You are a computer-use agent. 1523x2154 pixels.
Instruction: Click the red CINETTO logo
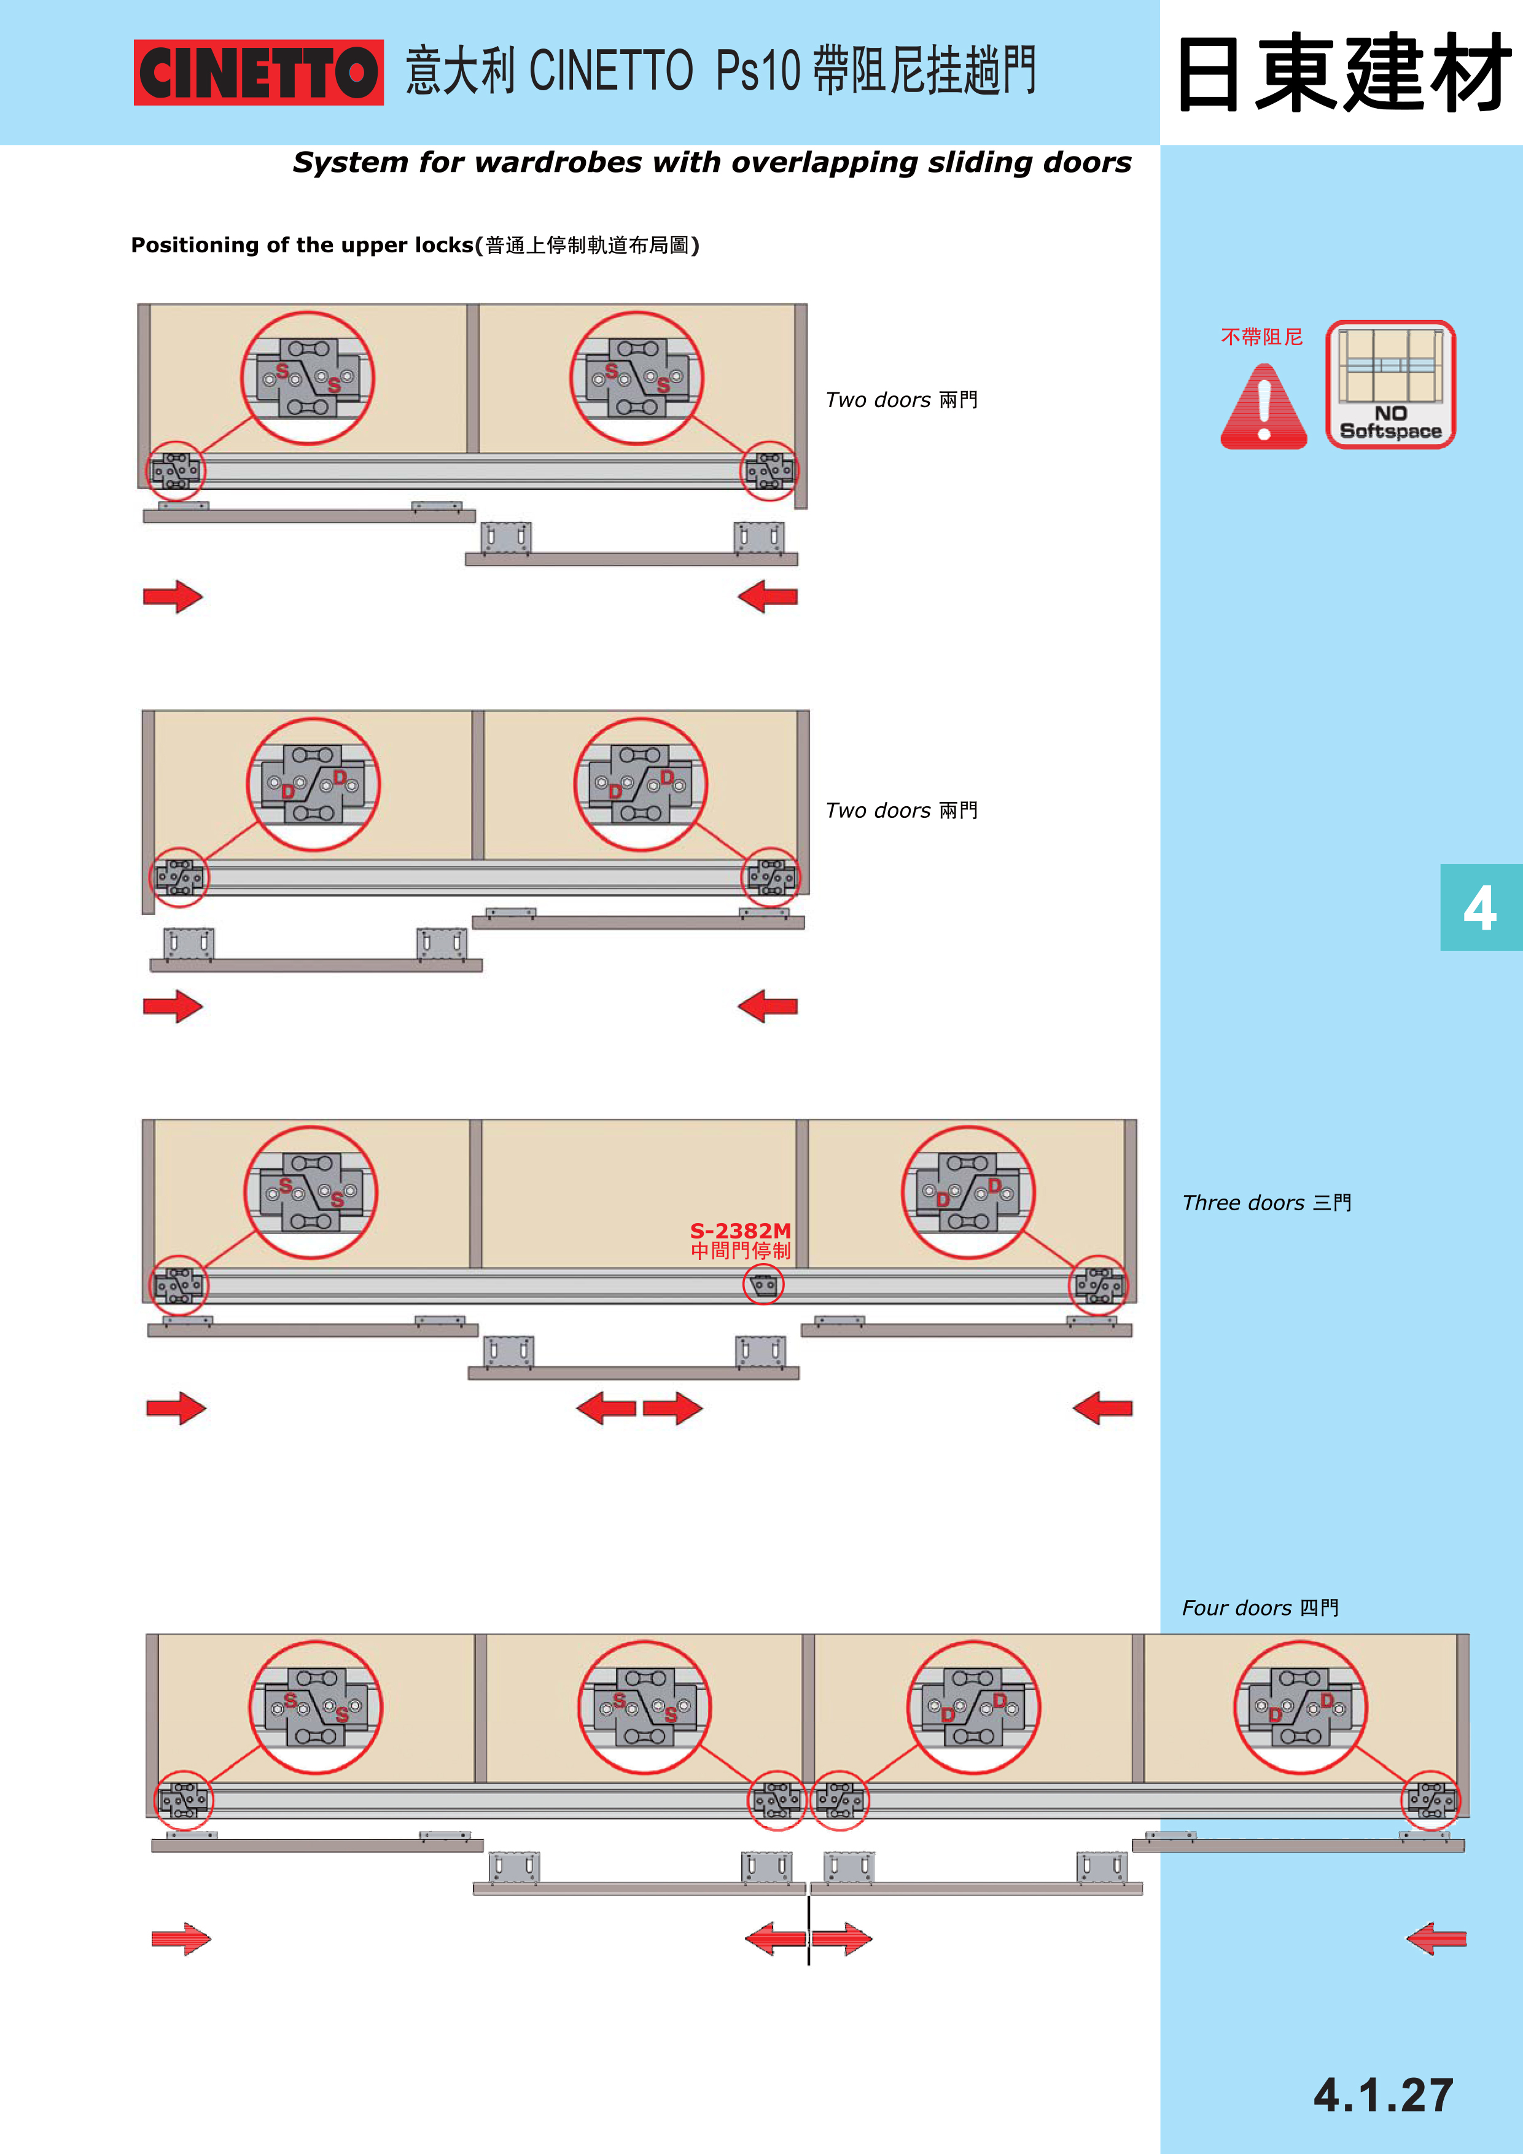[x=258, y=72]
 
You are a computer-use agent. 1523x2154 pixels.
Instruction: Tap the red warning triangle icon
[x=1263, y=406]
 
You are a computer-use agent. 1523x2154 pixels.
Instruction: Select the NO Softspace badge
[x=1391, y=384]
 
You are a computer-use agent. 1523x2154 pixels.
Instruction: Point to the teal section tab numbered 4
[x=1481, y=907]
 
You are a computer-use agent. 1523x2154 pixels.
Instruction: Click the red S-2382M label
[x=741, y=1230]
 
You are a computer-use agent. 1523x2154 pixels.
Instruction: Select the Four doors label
[x=1260, y=1608]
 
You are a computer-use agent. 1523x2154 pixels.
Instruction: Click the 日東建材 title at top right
[x=1343, y=72]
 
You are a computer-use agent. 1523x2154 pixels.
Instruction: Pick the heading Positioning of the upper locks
[x=302, y=245]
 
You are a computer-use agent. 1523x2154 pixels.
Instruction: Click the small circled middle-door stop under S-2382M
[x=763, y=1285]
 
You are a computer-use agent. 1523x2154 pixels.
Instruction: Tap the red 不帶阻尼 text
[x=1261, y=337]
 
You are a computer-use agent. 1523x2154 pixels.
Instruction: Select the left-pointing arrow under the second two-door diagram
[x=768, y=1006]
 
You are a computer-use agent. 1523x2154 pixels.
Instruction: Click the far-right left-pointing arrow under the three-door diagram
[x=1102, y=1408]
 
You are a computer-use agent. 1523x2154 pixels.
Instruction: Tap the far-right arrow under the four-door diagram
[x=1436, y=1938]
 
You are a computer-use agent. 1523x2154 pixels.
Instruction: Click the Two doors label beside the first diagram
[x=902, y=400]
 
